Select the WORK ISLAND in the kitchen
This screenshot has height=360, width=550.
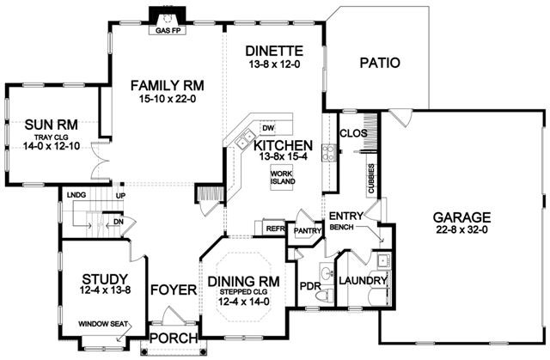(282, 178)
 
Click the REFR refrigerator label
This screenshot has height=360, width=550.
(276, 229)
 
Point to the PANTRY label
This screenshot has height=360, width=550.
(307, 230)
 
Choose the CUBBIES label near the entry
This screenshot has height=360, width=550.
(371, 179)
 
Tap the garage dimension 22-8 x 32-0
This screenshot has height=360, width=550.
(461, 230)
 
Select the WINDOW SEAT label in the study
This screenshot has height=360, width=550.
(103, 324)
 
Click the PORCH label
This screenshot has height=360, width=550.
(174, 338)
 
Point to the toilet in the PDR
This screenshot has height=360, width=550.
(325, 295)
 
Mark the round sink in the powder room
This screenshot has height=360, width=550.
(327, 272)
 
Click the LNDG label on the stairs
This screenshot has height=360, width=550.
(76, 195)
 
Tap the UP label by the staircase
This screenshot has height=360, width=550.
(120, 196)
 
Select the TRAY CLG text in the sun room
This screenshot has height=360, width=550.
(52, 137)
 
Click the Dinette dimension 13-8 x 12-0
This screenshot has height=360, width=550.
(274, 64)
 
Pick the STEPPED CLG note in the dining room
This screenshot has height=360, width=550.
(243, 291)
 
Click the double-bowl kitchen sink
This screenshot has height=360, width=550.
(244, 139)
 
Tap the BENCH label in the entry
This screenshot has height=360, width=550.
(342, 227)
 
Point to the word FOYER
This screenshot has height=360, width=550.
(174, 290)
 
